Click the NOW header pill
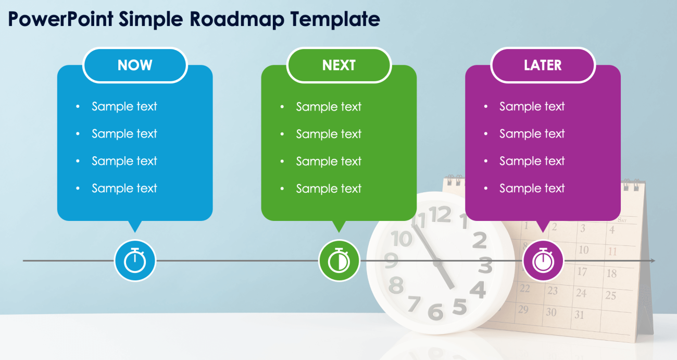(x=135, y=65)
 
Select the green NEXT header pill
(x=338, y=65)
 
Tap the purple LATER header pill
(x=543, y=65)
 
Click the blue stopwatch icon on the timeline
(x=135, y=260)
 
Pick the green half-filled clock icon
(x=339, y=260)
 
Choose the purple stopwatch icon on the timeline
(x=543, y=260)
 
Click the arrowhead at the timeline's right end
(x=653, y=260)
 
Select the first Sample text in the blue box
(x=124, y=106)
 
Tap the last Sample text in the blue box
(x=124, y=188)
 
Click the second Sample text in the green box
(x=328, y=134)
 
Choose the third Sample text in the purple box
(x=532, y=161)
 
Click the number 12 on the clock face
(x=441, y=215)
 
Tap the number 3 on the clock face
(x=485, y=266)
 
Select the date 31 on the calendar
(x=579, y=315)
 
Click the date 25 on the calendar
(x=610, y=295)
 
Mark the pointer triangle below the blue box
(x=135, y=226)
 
